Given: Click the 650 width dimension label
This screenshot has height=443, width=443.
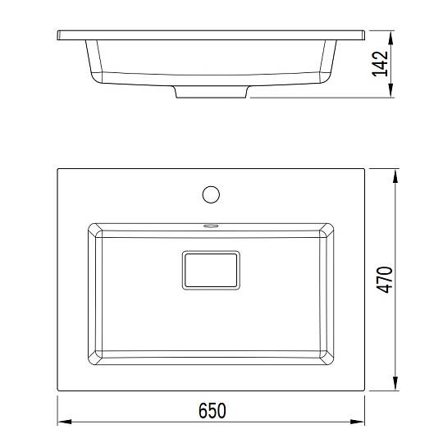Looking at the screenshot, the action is [x=212, y=410].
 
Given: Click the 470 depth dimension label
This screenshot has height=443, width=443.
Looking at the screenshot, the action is [x=385, y=280].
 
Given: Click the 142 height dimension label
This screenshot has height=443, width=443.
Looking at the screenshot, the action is [x=380, y=64].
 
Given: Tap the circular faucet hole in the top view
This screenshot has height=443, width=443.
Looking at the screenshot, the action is [x=211, y=194].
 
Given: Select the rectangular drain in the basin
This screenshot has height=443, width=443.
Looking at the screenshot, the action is [x=211, y=270].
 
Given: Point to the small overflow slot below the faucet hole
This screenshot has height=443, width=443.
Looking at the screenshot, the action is [x=211, y=226].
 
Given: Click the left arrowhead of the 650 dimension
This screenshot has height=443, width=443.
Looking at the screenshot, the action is [x=65, y=422].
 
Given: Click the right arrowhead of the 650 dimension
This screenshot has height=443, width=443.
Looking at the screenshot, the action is [x=358, y=422].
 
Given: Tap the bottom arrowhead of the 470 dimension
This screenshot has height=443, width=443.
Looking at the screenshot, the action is [x=395, y=384].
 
